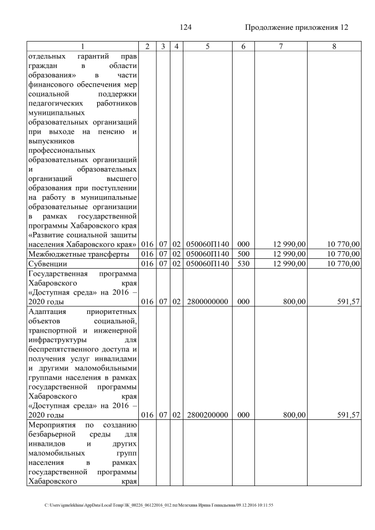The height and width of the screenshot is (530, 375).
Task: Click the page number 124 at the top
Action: coord(186,28)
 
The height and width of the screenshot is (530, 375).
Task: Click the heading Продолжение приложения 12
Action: coord(296,28)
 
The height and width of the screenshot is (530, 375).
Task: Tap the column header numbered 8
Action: coord(334,46)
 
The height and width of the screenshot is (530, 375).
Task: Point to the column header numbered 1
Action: coord(83,46)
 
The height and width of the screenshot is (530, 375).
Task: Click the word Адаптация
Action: coord(49,311)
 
